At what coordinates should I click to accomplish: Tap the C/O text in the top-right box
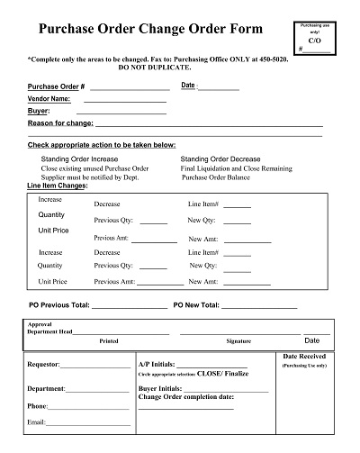pyautogui.click(x=313, y=41)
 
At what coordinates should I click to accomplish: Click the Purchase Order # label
pyautogui.click(x=56, y=86)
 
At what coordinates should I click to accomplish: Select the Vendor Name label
pyautogui.click(x=49, y=98)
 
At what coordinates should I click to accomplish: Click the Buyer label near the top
pyautogui.click(x=39, y=110)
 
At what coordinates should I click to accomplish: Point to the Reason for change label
pyautogui.click(x=60, y=122)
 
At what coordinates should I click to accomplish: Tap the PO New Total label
pyautogui.click(x=208, y=305)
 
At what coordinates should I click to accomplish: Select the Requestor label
pyautogui.click(x=44, y=365)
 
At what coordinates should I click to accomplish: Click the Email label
pyautogui.click(x=37, y=421)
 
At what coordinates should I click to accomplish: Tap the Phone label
pyautogui.click(x=38, y=405)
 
